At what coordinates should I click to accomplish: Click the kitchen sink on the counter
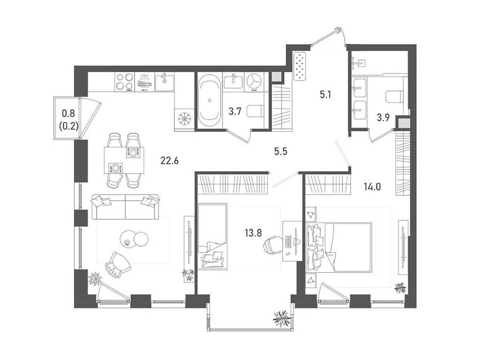pyautogui.click(x=164, y=81)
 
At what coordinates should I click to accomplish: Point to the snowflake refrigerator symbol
pyautogui.click(x=185, y=119)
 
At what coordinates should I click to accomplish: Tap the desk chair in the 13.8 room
pyautogui.click(x=271, y=244)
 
